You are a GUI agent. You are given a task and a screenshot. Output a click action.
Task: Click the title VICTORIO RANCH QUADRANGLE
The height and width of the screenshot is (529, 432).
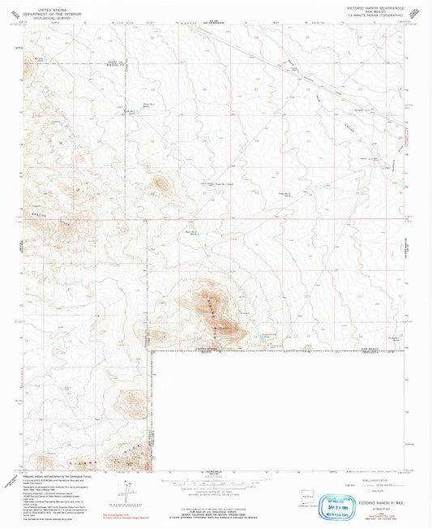tap(369, 6)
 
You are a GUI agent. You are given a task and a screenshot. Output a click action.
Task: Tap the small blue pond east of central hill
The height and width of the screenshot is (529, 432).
tap(260, 333)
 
